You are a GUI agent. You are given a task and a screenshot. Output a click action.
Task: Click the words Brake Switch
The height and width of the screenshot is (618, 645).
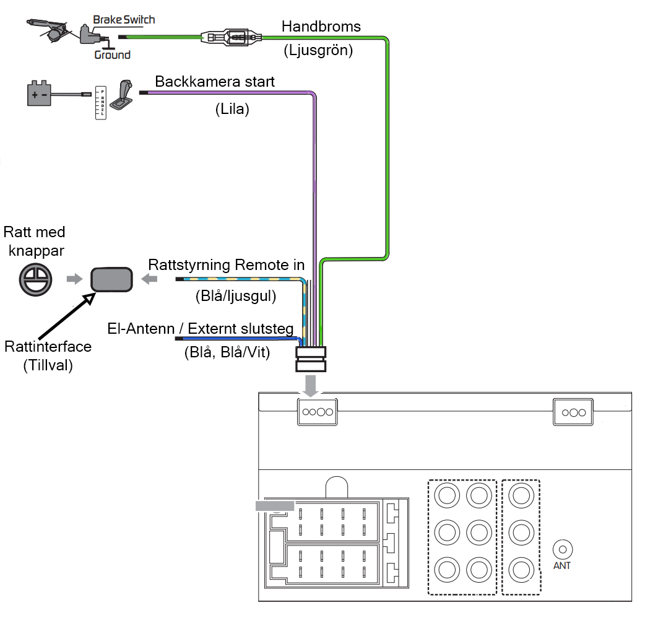[124, 20]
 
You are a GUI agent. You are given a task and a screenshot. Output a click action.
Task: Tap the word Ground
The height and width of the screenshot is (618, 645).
[112, 54]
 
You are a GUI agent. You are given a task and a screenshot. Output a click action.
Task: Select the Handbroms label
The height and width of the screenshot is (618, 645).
[321, 27]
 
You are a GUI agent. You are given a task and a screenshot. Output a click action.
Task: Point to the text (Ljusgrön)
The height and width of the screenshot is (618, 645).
[318, 50]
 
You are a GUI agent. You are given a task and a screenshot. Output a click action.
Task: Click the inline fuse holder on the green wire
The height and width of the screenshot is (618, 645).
[231, 37]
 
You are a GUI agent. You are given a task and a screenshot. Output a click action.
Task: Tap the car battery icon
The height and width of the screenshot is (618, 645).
[39, 94]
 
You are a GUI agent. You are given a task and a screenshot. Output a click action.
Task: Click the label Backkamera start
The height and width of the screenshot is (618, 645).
[215, 82]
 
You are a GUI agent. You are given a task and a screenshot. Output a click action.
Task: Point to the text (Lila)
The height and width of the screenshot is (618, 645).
[232, 109]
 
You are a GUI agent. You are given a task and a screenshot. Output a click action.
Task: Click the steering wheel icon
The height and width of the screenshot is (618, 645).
[36, 280]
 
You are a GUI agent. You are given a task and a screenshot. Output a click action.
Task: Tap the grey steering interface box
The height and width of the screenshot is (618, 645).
[111, 280]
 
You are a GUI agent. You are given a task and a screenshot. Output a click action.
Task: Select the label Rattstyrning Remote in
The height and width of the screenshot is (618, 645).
[226, 265]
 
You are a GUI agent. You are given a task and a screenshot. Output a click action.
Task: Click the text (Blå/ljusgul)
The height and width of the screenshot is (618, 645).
[236, 296]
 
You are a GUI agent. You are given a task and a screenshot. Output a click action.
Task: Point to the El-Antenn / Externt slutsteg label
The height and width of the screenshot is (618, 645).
[201, 329]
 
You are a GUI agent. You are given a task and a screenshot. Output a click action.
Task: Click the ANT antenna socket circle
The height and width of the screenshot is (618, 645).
[563, 549]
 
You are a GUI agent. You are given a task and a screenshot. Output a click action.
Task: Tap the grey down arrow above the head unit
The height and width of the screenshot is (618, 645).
[311, 386]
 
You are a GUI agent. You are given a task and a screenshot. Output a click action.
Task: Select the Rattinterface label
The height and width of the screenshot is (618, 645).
[48, 346]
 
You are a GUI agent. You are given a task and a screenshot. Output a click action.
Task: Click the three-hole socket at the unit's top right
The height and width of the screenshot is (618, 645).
[573, 412]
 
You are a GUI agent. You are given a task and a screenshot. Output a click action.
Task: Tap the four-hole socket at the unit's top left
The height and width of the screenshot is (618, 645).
[317, 412]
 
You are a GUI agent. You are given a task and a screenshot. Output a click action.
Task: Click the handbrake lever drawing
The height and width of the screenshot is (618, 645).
[47, 30]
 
